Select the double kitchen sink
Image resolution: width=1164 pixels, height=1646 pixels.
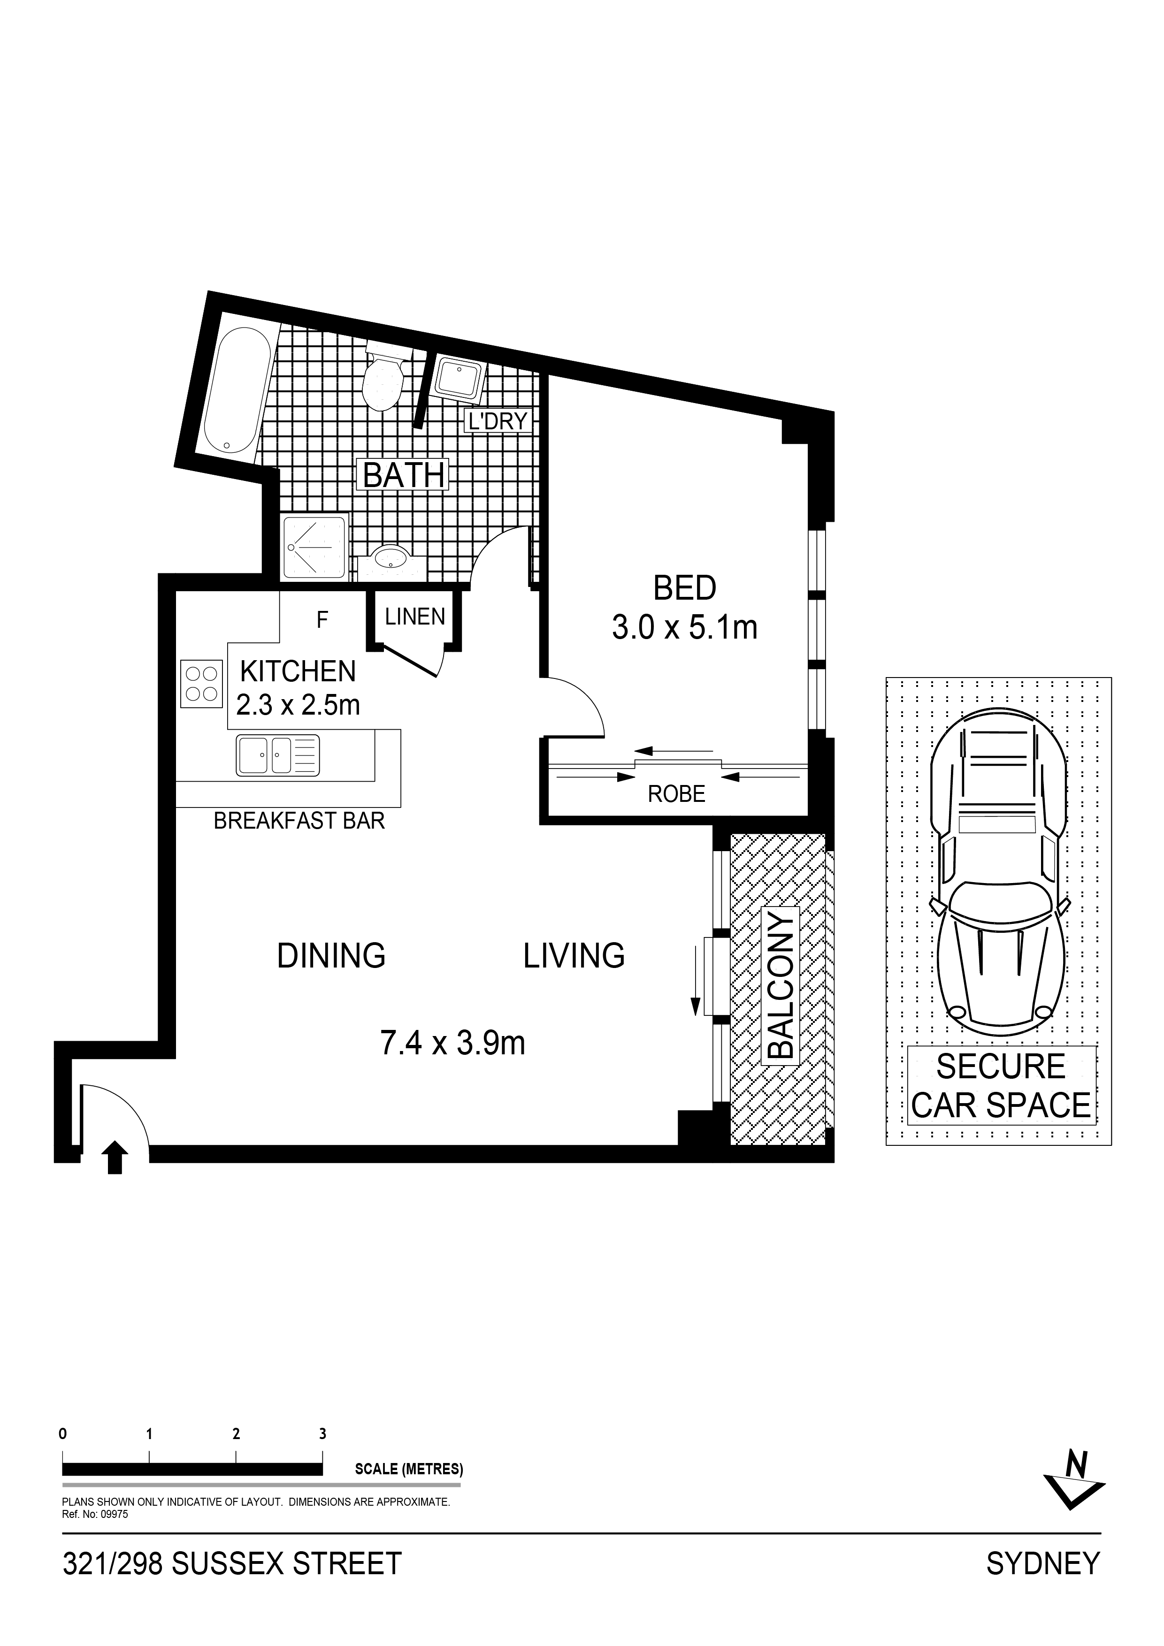277,755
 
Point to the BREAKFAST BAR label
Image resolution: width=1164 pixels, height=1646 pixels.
299,820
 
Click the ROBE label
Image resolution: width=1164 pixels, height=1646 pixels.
676,793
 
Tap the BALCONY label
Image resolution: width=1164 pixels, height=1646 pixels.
781,984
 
